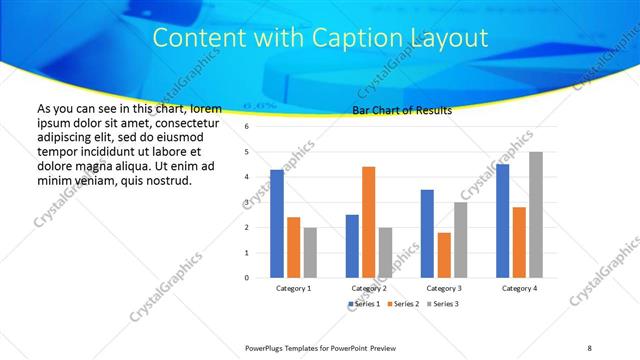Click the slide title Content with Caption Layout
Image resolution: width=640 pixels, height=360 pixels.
pos(320,38)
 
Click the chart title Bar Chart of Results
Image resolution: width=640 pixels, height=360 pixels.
pos(402,110)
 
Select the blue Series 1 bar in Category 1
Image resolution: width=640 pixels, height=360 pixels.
pos(277,224)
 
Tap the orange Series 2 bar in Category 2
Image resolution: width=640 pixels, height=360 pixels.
pos(368,222)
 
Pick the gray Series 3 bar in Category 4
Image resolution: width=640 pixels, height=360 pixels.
pos(536,215)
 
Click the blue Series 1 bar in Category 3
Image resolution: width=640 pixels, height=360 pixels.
pos(427,233)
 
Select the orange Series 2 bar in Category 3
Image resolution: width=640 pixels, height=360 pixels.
pos(444,255)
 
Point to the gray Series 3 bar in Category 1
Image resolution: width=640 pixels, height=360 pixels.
pos(310,252)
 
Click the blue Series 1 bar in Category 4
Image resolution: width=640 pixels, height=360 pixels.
pos(502,221)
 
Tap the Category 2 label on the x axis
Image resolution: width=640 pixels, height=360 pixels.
pos(369,288)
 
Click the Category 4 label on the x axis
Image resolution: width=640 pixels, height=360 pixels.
pos(519,288)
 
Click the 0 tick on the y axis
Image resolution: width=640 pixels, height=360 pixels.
pos(246,277)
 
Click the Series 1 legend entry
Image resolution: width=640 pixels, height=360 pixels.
pos(364,303)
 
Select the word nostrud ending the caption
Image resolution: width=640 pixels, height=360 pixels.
pos(167,180)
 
